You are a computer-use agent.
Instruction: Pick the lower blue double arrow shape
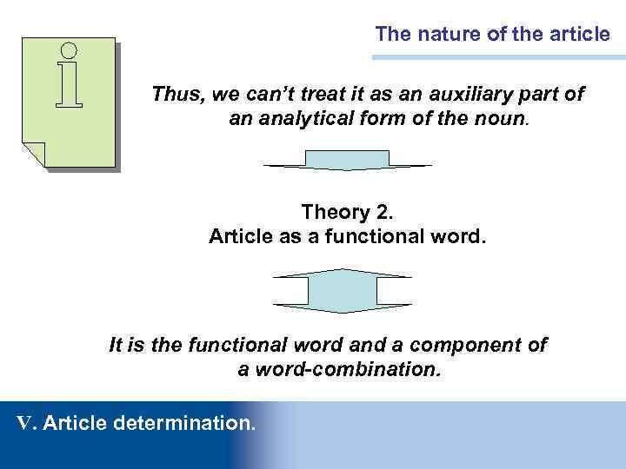342,290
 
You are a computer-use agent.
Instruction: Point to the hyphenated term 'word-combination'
340,369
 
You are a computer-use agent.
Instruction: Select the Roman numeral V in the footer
25,423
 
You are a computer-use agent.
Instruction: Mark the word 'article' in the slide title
579,35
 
